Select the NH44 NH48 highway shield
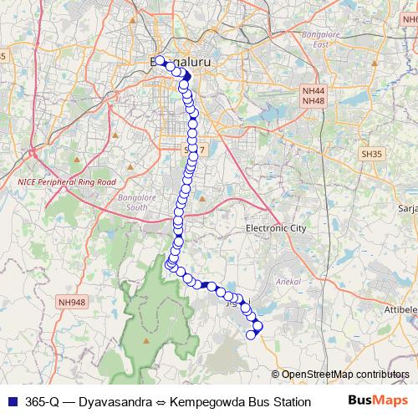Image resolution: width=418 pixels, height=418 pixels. point(313,96)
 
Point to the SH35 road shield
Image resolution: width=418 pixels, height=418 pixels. point(370,155)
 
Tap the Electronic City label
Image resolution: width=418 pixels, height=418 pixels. point(278,228)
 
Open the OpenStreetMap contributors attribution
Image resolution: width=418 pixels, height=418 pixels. point(343,375)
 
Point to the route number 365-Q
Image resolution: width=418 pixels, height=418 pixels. point(41,401)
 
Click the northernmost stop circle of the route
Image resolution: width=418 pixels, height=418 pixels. point(160,61)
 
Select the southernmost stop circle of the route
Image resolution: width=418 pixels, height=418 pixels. point(251,335)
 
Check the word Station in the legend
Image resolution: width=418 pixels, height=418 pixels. point(290,401)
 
